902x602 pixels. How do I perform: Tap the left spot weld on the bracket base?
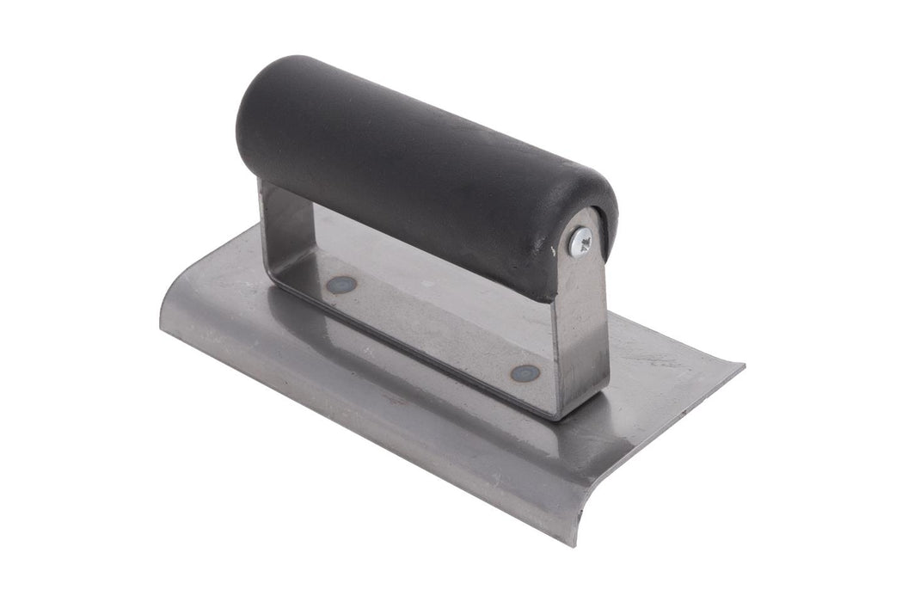(342, 284)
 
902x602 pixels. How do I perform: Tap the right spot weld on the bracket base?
(525, 372)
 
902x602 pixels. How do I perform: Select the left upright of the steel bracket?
(273, 224)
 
